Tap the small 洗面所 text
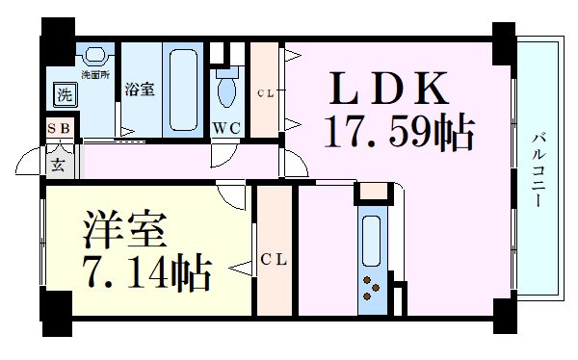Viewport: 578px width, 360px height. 94,73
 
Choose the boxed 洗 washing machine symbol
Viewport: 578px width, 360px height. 64,94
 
